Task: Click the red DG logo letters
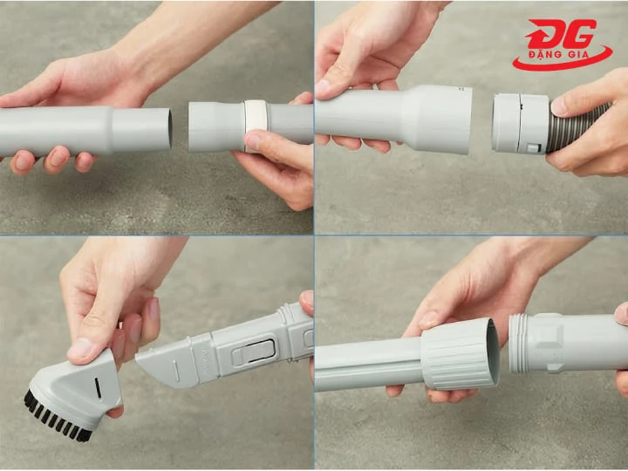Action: (562, 34)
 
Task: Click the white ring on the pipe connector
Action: (255, 126)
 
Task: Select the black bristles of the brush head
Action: (56, 418)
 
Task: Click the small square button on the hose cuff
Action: (534, 148)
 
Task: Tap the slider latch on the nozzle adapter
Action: (254, 352)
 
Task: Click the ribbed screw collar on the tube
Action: (460, 354)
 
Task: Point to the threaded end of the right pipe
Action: (519, 344)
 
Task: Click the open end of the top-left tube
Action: (170, 129)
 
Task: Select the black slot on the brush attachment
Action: (98, 388)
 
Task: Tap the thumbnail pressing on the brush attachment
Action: (78, 349)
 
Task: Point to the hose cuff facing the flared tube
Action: (520, 123)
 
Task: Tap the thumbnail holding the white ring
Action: (252, 142)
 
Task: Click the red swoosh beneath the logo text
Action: (563, 60)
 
